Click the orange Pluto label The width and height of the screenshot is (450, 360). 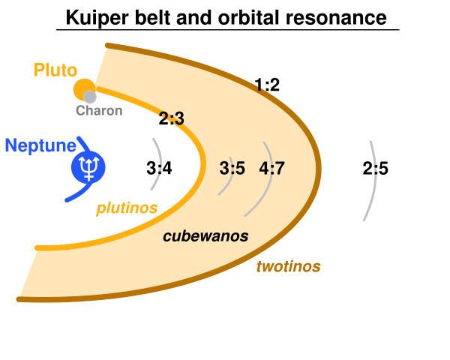point(55,70)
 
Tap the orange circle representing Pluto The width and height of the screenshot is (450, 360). point(82,88)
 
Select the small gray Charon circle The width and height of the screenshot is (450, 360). point(90,97)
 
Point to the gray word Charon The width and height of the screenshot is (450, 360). point(98,111)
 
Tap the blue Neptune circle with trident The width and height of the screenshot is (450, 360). point(88,167)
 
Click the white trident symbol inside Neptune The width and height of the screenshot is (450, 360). point(89,167)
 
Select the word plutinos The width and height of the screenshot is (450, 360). point(126,209)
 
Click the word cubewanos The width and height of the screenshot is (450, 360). point(205,236)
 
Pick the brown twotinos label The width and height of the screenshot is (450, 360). point(288,267)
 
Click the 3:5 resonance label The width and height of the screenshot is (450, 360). point(232,169)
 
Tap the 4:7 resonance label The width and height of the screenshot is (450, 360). point(271,169)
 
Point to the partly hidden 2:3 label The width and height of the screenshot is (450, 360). point(172,118)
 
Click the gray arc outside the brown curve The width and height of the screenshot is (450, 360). point(373,180)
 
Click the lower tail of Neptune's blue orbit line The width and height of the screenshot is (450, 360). point(73,196)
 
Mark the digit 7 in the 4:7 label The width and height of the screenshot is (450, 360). point(279,169)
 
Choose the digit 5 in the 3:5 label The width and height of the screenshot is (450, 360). point(240,169)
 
